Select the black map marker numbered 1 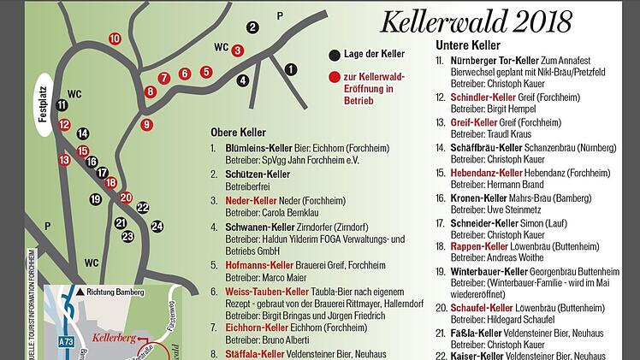click(292, 69)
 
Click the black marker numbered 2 click(252, 27)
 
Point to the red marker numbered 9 click(147, 125)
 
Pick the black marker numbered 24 click(157, 227)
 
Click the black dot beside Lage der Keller click(334, 55)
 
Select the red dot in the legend click(334, 79)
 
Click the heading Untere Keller click(468, 45)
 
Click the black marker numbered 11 click(62, 105)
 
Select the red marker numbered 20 click(127, 198)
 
